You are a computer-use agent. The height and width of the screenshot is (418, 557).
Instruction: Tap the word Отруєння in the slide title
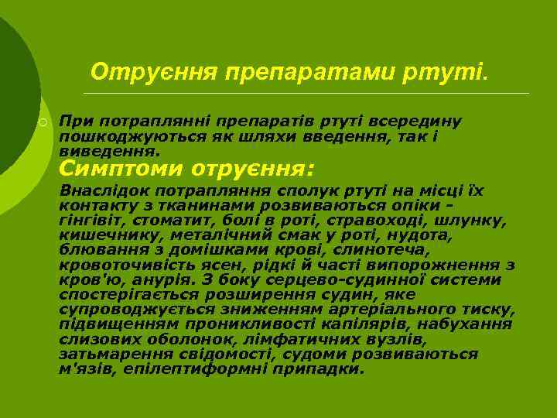pos(154,72)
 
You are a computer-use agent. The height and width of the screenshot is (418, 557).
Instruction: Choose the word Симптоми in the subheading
pos(122,168)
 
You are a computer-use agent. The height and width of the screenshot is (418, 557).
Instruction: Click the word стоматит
pos(161,221)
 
